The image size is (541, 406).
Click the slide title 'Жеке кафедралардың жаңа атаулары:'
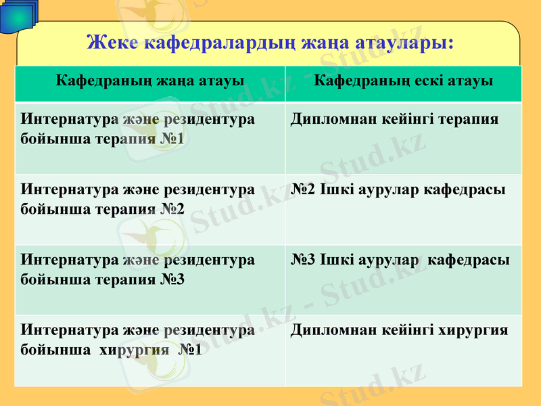click(270, 43)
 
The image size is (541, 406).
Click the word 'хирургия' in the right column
click(473, 330)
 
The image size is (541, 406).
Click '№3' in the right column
click(304, 260)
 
